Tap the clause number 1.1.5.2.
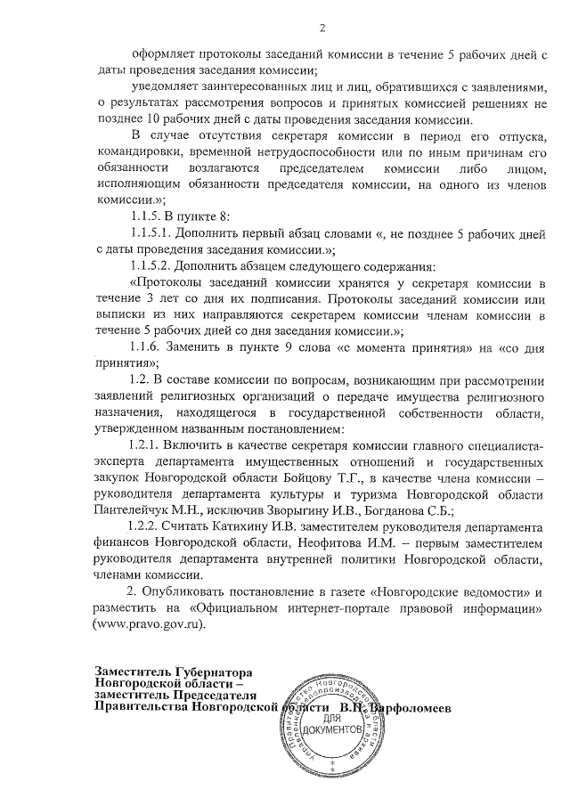pos(154,266)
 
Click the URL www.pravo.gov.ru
pos(151,624)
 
